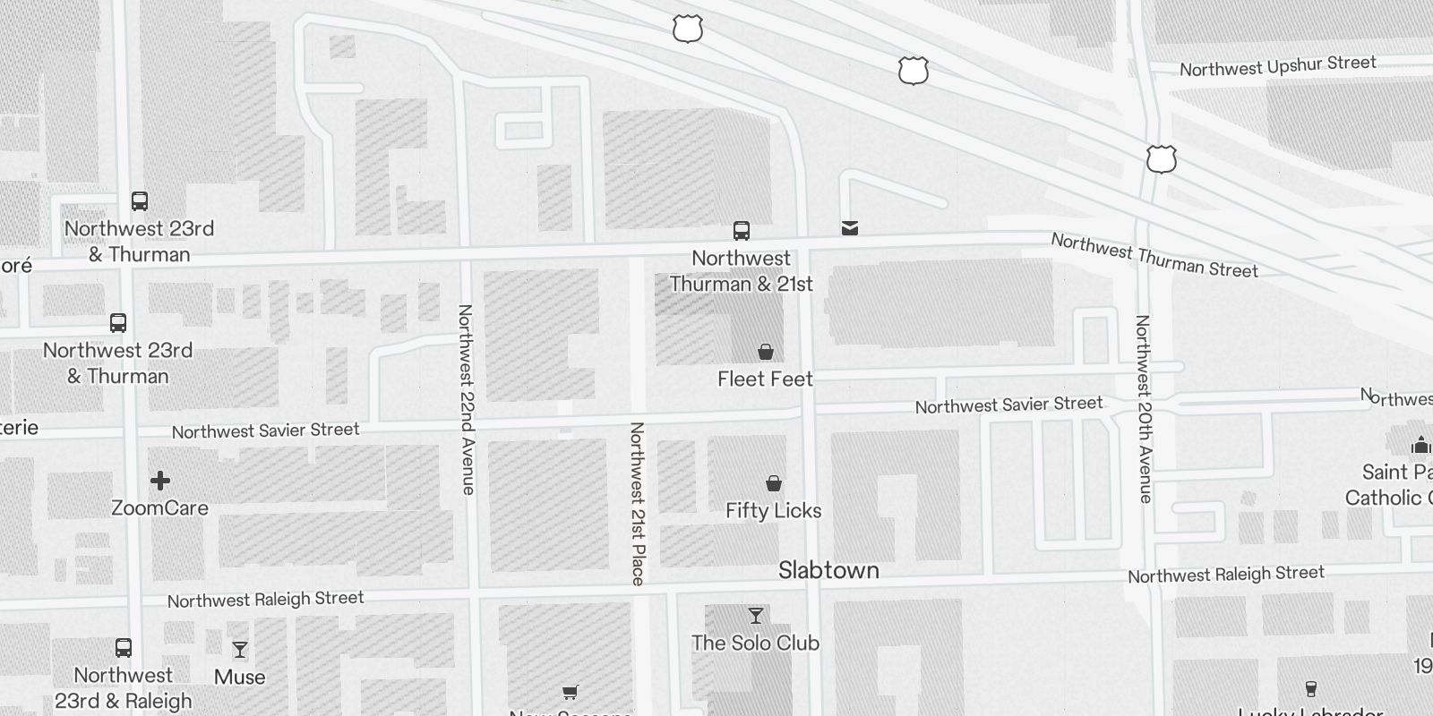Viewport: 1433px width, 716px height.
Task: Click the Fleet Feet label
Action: [x=765, y=379]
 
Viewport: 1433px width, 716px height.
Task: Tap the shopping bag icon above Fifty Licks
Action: [x=774, y=484]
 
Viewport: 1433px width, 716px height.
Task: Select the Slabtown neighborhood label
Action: [x=828, y=570]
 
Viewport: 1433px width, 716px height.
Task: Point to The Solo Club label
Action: [x=755, y=643]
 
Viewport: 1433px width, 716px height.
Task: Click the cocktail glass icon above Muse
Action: [x=240, y=650]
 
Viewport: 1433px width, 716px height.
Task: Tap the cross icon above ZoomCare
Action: [x=160, y=482]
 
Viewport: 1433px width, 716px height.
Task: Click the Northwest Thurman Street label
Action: [x=1154, y=255]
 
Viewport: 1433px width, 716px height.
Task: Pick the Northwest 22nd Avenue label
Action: [x=466, y=399]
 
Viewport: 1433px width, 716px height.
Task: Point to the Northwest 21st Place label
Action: [x=638, y=504]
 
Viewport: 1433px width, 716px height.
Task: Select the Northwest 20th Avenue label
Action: [x=1144, y=408]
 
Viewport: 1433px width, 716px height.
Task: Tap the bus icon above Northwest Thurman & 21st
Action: [x=742, y=231]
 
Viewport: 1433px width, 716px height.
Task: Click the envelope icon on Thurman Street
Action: [x=850, y=228]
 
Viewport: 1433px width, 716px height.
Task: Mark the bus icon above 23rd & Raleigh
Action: [x=124, y=648]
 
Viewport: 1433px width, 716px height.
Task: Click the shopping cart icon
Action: [x=570, y=692]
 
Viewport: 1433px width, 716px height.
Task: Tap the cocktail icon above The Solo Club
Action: [x=756, y=616]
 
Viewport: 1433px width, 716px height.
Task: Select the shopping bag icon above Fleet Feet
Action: [x=766, y=352]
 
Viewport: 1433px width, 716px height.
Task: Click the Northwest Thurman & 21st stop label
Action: [x=742, y=271]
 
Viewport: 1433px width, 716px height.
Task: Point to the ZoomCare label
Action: [x=159, y=508]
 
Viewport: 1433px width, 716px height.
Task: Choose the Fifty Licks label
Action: [x=773, y=511]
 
